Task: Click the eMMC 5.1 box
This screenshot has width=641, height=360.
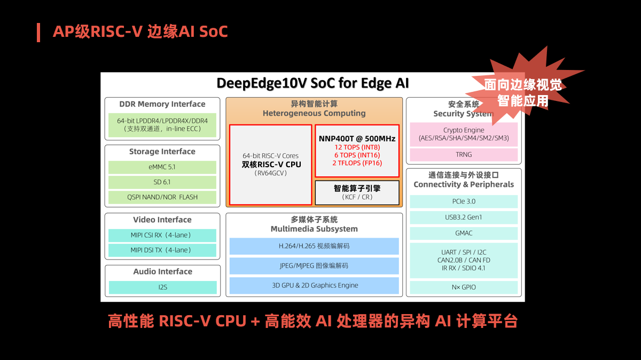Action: coord(162,167)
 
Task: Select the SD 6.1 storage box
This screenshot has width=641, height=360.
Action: coord(162,182)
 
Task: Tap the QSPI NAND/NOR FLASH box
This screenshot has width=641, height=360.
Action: coord(162,197)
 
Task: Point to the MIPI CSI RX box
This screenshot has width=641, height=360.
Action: coord(162,235)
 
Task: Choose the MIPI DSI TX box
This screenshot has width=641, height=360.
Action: coord(162,250)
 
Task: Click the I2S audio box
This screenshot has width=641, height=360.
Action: coord(162,287)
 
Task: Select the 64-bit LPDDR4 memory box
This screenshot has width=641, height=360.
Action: coord(162,125)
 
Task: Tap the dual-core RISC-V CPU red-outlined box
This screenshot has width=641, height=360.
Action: coord(271,165)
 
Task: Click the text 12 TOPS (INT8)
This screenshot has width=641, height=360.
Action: coord(357,147)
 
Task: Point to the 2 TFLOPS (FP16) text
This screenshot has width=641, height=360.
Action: coord(357,163)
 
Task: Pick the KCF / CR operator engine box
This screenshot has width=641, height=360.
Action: coord(357,193)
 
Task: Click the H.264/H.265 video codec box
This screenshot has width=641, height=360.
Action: coord(314,246)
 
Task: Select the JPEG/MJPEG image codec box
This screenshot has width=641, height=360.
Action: coord(314,265)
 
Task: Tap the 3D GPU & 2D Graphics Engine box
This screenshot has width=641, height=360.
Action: coord(314,285)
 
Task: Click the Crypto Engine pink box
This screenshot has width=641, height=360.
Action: coord(464,134)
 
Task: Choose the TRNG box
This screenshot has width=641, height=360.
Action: coord(464,155)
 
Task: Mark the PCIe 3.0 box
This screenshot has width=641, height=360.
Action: coord(464,201)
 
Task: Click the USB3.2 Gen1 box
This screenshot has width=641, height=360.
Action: coord(464,217)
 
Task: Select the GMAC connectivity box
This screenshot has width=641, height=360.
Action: coord(464,233)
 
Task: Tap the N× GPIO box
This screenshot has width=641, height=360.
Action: coord(464,287)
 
